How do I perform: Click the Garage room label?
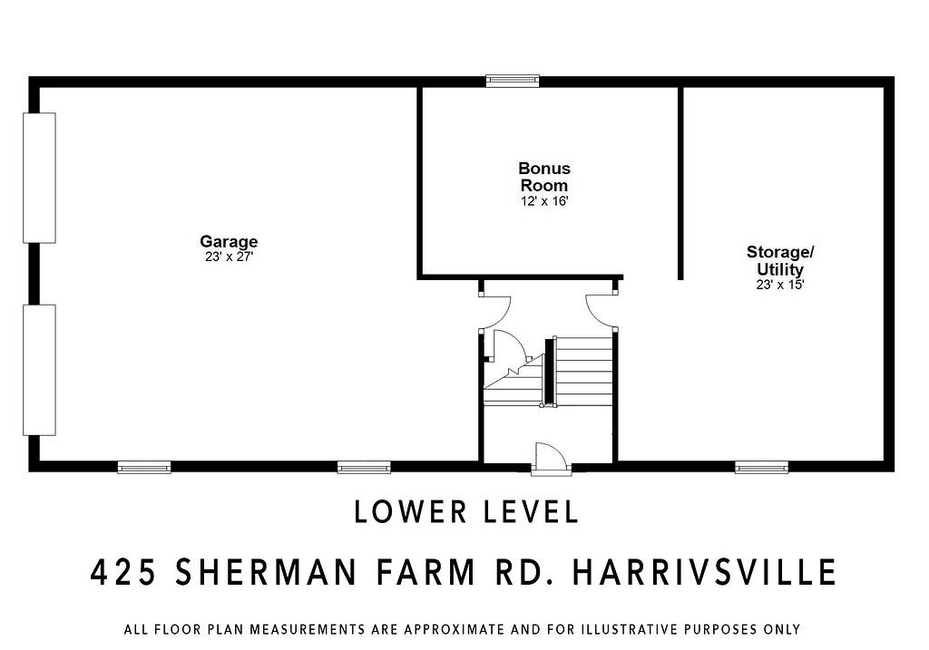229,241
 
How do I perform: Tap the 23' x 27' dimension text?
229,257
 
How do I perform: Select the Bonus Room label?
544,177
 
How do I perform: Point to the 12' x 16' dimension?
544,201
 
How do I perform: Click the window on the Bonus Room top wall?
513,81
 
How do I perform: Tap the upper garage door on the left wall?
40,178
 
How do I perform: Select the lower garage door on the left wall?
40,371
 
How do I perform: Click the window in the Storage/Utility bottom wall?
761,468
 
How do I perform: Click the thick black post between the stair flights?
549,373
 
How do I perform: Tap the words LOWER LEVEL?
466,512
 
